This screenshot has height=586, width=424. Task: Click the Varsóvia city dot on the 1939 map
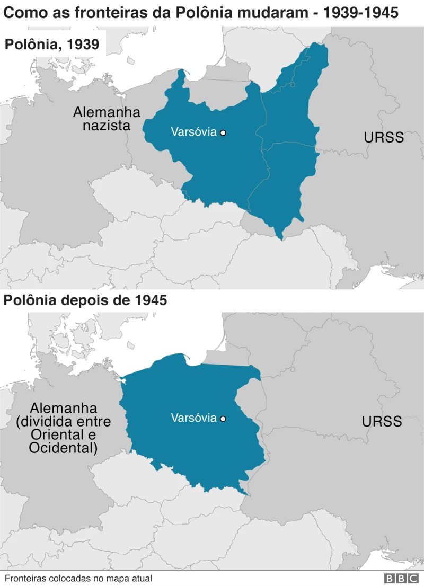pyautogui.click(x=223, y=132)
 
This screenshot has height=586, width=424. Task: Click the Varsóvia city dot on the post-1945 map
pyautogui.click(x=223, y=419)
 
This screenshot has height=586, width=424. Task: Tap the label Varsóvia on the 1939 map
pyautogui.click(x=193, y=132)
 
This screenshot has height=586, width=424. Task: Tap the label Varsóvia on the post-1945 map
pyautogui.click(x=193, y=418)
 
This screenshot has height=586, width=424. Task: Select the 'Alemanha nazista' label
pyautogui.click(x=107, y=119)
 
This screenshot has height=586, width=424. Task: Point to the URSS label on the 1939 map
pyautogui.click(x=384, y=138)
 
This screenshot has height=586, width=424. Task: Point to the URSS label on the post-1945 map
pyautogui.click(x=382, y=422)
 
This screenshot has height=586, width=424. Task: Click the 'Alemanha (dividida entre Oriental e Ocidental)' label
pyautogui.click(x=64, y=429)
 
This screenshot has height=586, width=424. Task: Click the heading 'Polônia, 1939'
pyautogui.click(x=52, y=44)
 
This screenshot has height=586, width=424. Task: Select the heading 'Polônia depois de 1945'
pyautogui.click(x=85, y=300)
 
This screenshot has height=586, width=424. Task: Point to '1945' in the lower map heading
pyautogui.click(x=150, y=300)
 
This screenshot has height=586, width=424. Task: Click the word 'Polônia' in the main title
pyautogui.click(x=190, y=12)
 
